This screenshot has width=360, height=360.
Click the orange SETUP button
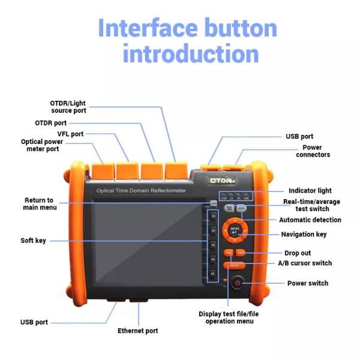click(x=234, y=265)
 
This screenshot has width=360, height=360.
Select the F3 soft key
click(x=212, y=245)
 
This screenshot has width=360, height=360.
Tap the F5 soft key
click(x=212, y=273)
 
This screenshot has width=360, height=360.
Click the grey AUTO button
click(x=241, y=208)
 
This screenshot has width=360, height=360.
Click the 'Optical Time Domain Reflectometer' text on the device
click(x=142, y=191)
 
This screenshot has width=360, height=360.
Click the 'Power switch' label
click(x=307, y=283)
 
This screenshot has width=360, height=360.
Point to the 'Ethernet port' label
click(x=137, y=331)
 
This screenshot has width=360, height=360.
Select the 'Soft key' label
click(x=33, y=241)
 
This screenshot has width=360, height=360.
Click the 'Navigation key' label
click(x=304, y=234)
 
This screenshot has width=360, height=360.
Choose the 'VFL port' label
click(x=70, y=134)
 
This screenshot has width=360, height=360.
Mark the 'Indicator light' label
click(x=310, y=190)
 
